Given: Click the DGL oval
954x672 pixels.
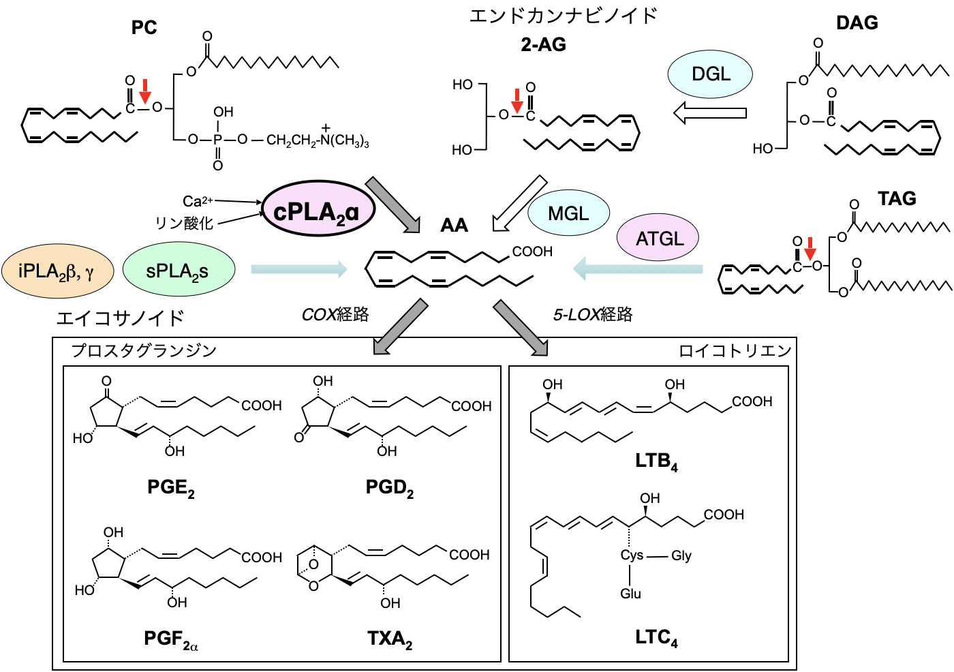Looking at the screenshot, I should pos(710,74).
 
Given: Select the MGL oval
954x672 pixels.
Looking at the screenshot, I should pos(568,213).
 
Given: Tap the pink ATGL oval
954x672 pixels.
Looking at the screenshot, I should pos(658,238).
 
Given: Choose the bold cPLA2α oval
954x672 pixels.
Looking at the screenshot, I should pos(318,209).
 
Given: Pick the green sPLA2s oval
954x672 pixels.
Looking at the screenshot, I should pos(179,269).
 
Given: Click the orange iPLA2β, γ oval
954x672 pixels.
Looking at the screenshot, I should pos(57,271).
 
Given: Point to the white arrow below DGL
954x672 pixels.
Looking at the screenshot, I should pos(710,113).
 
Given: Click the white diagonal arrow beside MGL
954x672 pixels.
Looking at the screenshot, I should pos(519,204).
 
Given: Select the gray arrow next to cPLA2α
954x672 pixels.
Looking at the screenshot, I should pos(393,205).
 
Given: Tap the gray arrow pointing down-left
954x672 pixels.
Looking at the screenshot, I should pos(401,327).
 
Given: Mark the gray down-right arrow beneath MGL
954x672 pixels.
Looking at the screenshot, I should pos(521,328).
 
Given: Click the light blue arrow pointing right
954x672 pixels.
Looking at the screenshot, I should pos(299,269).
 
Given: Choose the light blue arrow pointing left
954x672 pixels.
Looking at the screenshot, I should pos(638,269).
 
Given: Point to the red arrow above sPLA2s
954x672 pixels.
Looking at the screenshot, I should pos(145,92).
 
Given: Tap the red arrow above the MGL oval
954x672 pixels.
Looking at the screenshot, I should pos(517,102).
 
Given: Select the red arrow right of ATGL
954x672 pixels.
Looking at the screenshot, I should pos(810,249).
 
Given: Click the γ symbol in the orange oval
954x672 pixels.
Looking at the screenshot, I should pos(89,273).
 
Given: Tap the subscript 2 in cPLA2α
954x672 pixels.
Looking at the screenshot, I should pos(341,219).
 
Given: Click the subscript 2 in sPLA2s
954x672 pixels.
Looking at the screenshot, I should pos(195,277).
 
